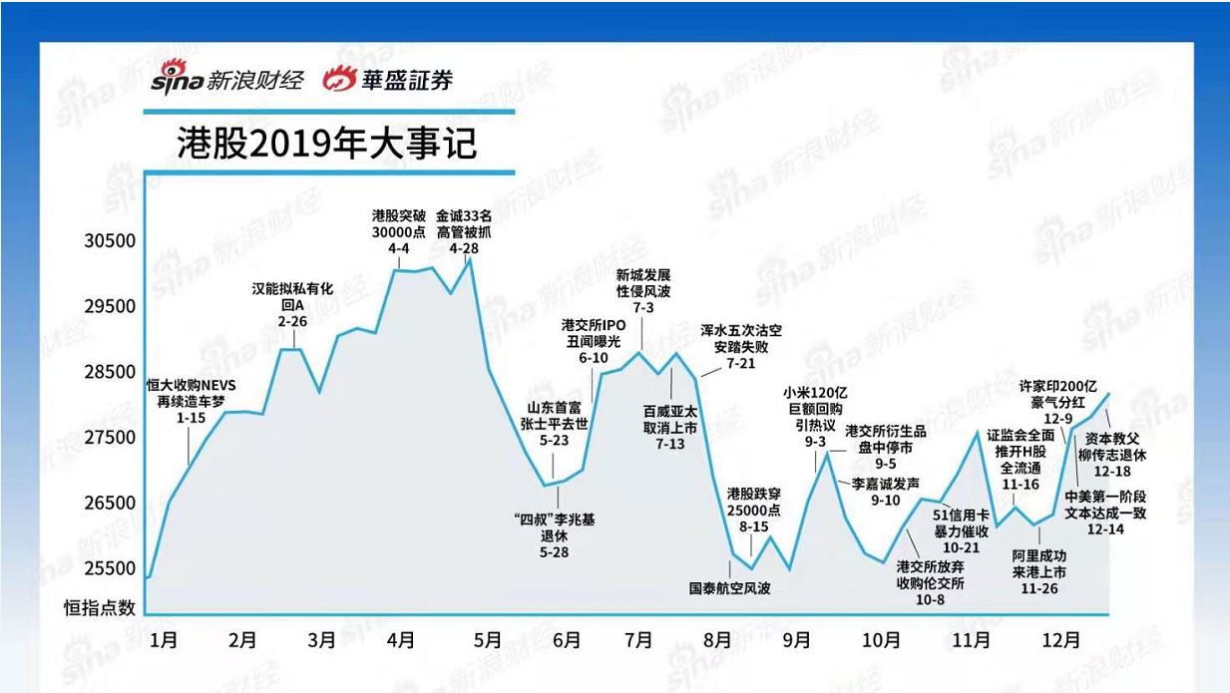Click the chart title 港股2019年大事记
326,144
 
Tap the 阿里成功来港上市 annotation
1039,564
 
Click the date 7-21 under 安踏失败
741,364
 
